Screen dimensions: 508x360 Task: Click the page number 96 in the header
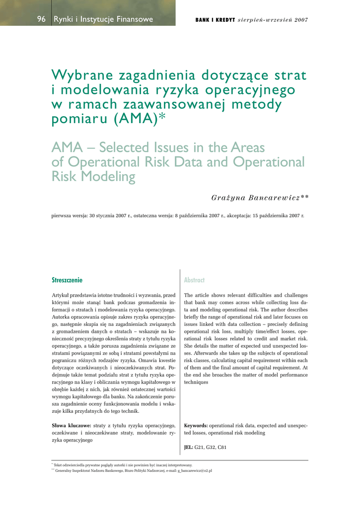(41, 19)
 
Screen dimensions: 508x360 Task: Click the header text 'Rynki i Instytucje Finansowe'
(103, 19)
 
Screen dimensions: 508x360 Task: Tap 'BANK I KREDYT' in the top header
(215, 20)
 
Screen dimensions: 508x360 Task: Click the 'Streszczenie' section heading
(67, 280)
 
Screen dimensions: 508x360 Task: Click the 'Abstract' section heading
(194, 280)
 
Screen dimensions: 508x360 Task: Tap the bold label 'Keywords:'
(196, 426)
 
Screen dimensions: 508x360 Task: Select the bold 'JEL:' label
(189, 447)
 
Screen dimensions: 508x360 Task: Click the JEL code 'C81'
(222, 447)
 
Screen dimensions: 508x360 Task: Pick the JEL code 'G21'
(200, 447)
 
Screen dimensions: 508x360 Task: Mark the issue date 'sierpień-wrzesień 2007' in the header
(273, 20)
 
